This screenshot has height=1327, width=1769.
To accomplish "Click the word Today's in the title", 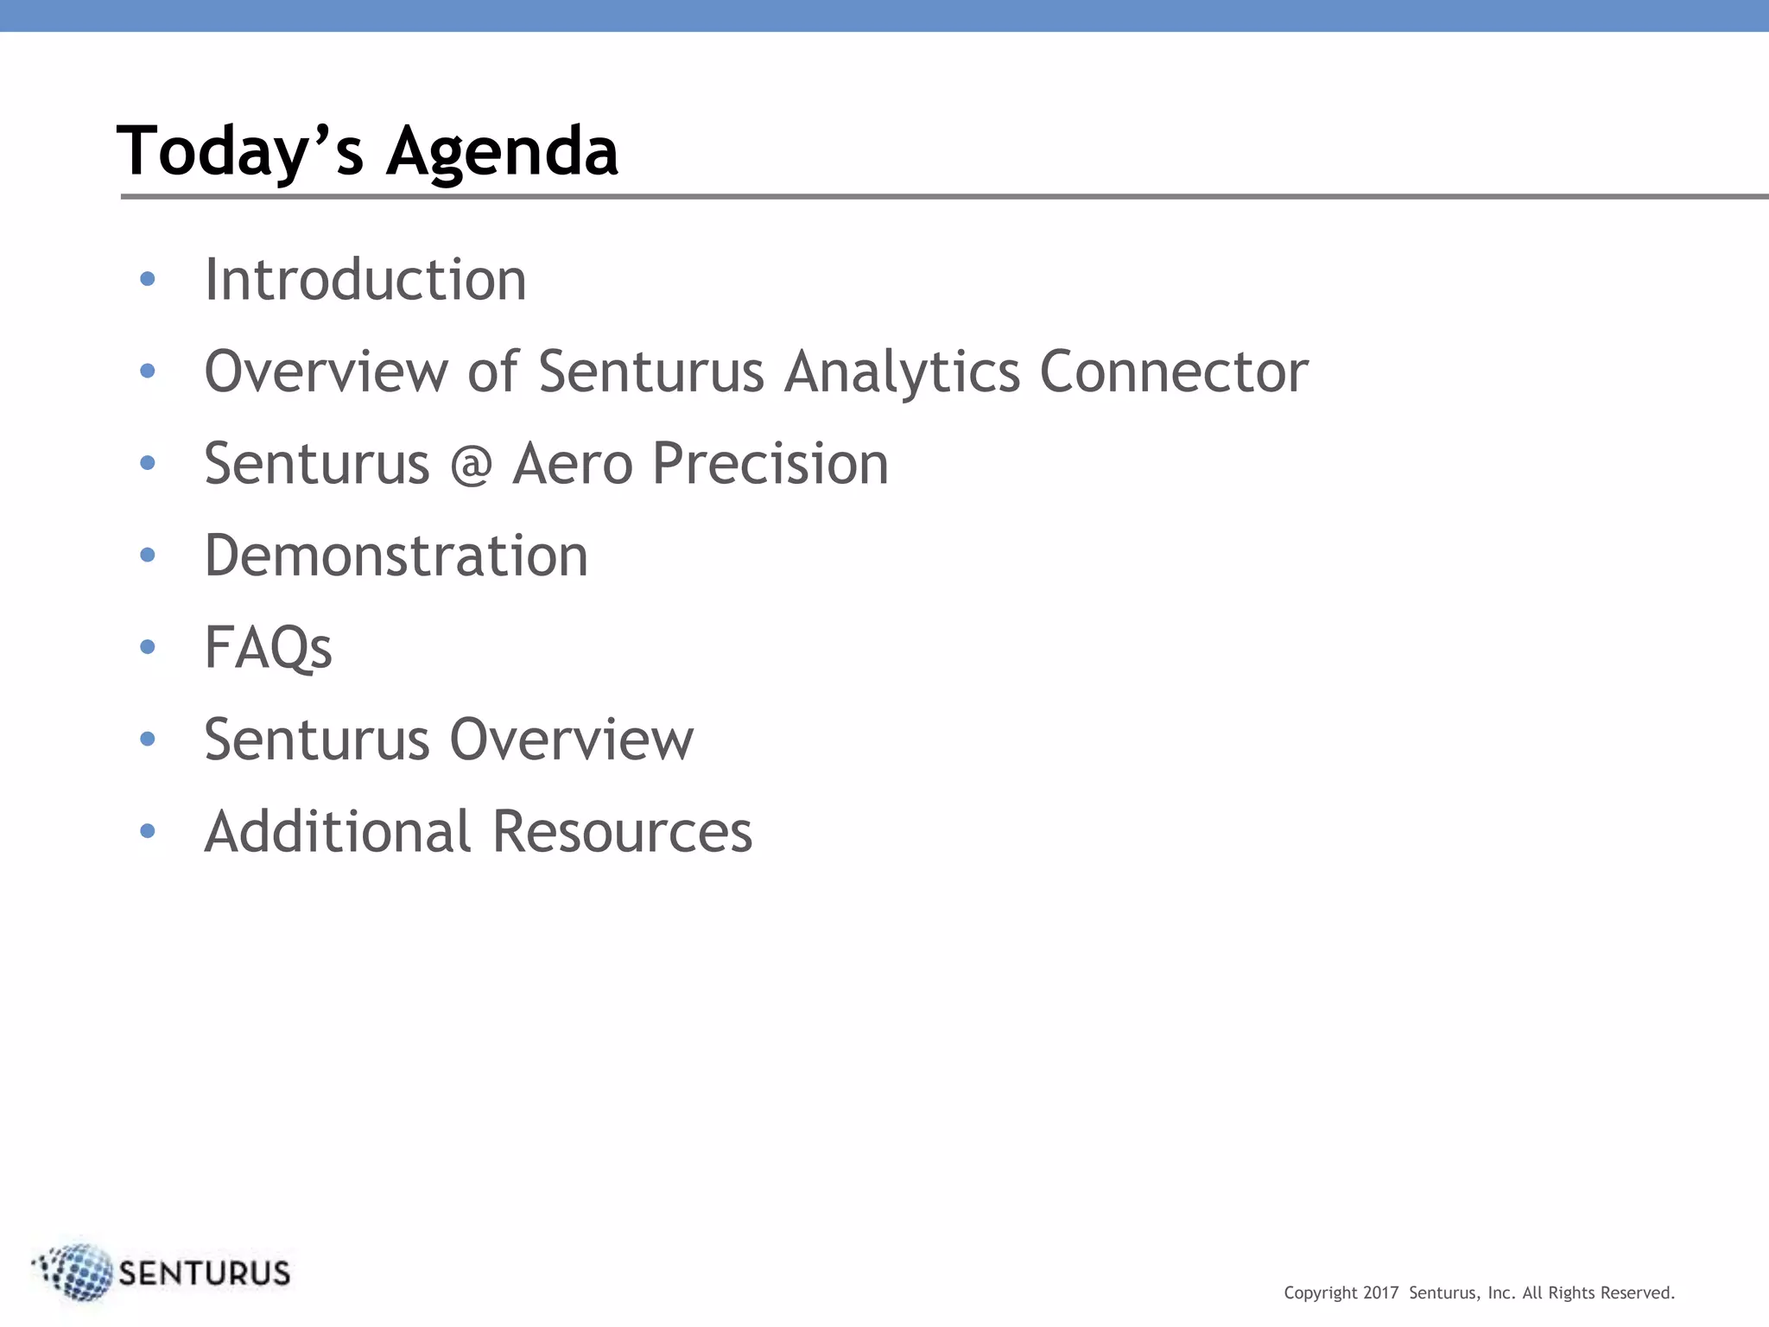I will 239,151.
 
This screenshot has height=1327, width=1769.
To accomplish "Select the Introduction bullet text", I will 365,280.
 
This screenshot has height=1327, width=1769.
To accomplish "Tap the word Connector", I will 1173,371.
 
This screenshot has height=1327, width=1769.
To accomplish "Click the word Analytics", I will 902,371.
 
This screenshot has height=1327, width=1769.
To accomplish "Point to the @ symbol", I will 471,465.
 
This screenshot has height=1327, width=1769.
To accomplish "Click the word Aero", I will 572,464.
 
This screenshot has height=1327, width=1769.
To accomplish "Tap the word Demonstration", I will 396,556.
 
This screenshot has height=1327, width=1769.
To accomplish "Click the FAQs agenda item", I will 268,648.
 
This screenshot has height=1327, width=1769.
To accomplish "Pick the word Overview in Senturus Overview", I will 571,740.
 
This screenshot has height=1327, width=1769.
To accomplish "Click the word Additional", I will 337,831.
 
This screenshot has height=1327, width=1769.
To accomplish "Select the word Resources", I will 622,831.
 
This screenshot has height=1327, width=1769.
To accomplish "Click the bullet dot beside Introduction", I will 148,279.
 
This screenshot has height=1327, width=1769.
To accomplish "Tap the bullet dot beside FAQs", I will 148,646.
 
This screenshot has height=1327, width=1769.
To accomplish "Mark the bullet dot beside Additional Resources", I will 148,830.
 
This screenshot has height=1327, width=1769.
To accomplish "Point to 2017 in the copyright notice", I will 1380,1293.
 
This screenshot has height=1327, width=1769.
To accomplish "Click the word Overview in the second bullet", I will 326,371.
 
